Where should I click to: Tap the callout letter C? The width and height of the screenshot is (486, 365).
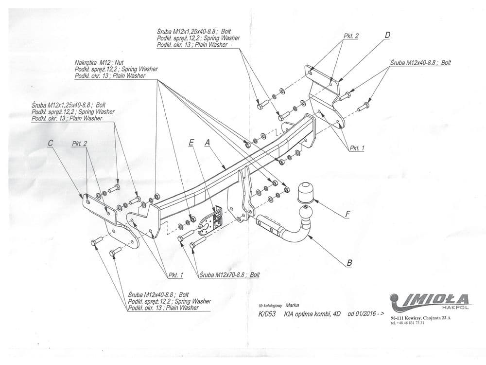[51, 143]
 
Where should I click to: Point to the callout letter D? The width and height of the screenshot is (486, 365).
[387, 35]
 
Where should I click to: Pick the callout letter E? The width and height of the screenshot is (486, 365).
[191, 143]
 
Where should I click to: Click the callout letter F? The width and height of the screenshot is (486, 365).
[348, 214]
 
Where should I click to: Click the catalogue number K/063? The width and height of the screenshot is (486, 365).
[267, 314]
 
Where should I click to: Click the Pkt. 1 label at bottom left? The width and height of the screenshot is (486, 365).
[175, 275]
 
